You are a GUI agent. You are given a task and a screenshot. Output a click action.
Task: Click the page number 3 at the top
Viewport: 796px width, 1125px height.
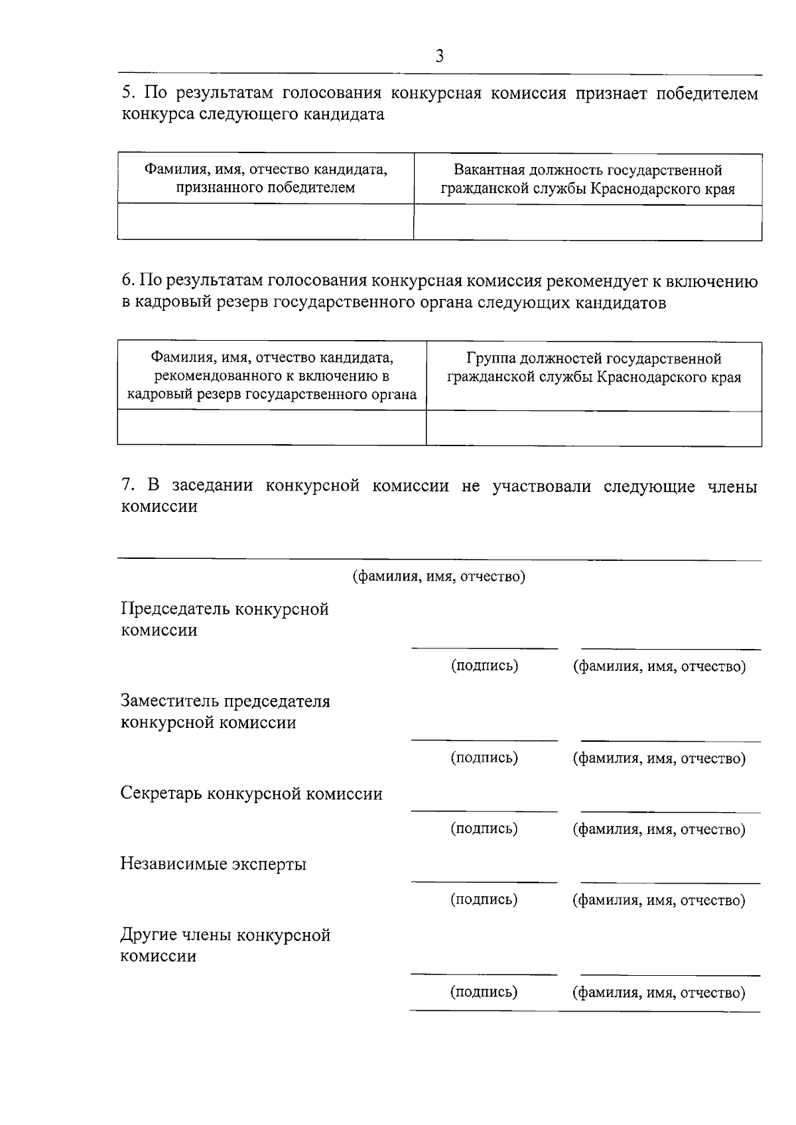[439, 56]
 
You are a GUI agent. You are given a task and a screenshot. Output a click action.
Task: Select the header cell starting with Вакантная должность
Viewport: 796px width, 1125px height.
[588, 179]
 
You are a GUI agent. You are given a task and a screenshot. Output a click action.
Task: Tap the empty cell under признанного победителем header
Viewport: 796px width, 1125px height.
[265, 221]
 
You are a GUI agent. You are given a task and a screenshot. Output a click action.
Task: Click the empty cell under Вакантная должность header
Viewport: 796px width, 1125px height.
[588, 221]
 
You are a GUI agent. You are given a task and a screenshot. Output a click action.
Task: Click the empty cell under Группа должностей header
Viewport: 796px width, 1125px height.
[594, 428]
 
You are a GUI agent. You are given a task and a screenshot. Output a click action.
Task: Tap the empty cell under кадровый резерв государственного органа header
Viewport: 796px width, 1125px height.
[271, 428]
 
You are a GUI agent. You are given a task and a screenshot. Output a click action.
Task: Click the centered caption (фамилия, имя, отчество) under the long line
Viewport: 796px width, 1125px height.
[438, 576]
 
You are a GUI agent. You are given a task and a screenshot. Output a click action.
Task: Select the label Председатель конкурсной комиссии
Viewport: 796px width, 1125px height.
[225, 619]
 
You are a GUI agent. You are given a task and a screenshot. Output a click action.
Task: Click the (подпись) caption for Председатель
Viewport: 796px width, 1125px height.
[484, 666]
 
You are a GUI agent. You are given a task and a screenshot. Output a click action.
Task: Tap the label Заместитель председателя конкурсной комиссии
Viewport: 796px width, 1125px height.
[225, 711]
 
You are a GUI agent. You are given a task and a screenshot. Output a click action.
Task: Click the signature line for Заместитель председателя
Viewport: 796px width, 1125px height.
[484, 739]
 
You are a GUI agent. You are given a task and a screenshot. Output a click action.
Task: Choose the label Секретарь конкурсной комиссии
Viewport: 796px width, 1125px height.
[251, 794]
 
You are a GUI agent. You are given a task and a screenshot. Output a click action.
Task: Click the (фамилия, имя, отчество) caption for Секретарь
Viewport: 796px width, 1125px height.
[659, 829]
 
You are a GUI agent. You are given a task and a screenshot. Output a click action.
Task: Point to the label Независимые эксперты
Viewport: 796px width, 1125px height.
[213, 864]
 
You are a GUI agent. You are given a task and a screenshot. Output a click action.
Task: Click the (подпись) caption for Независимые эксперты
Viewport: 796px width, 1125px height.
[484, 900]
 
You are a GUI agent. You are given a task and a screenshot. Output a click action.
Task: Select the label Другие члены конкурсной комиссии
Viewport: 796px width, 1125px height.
[225, 945]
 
